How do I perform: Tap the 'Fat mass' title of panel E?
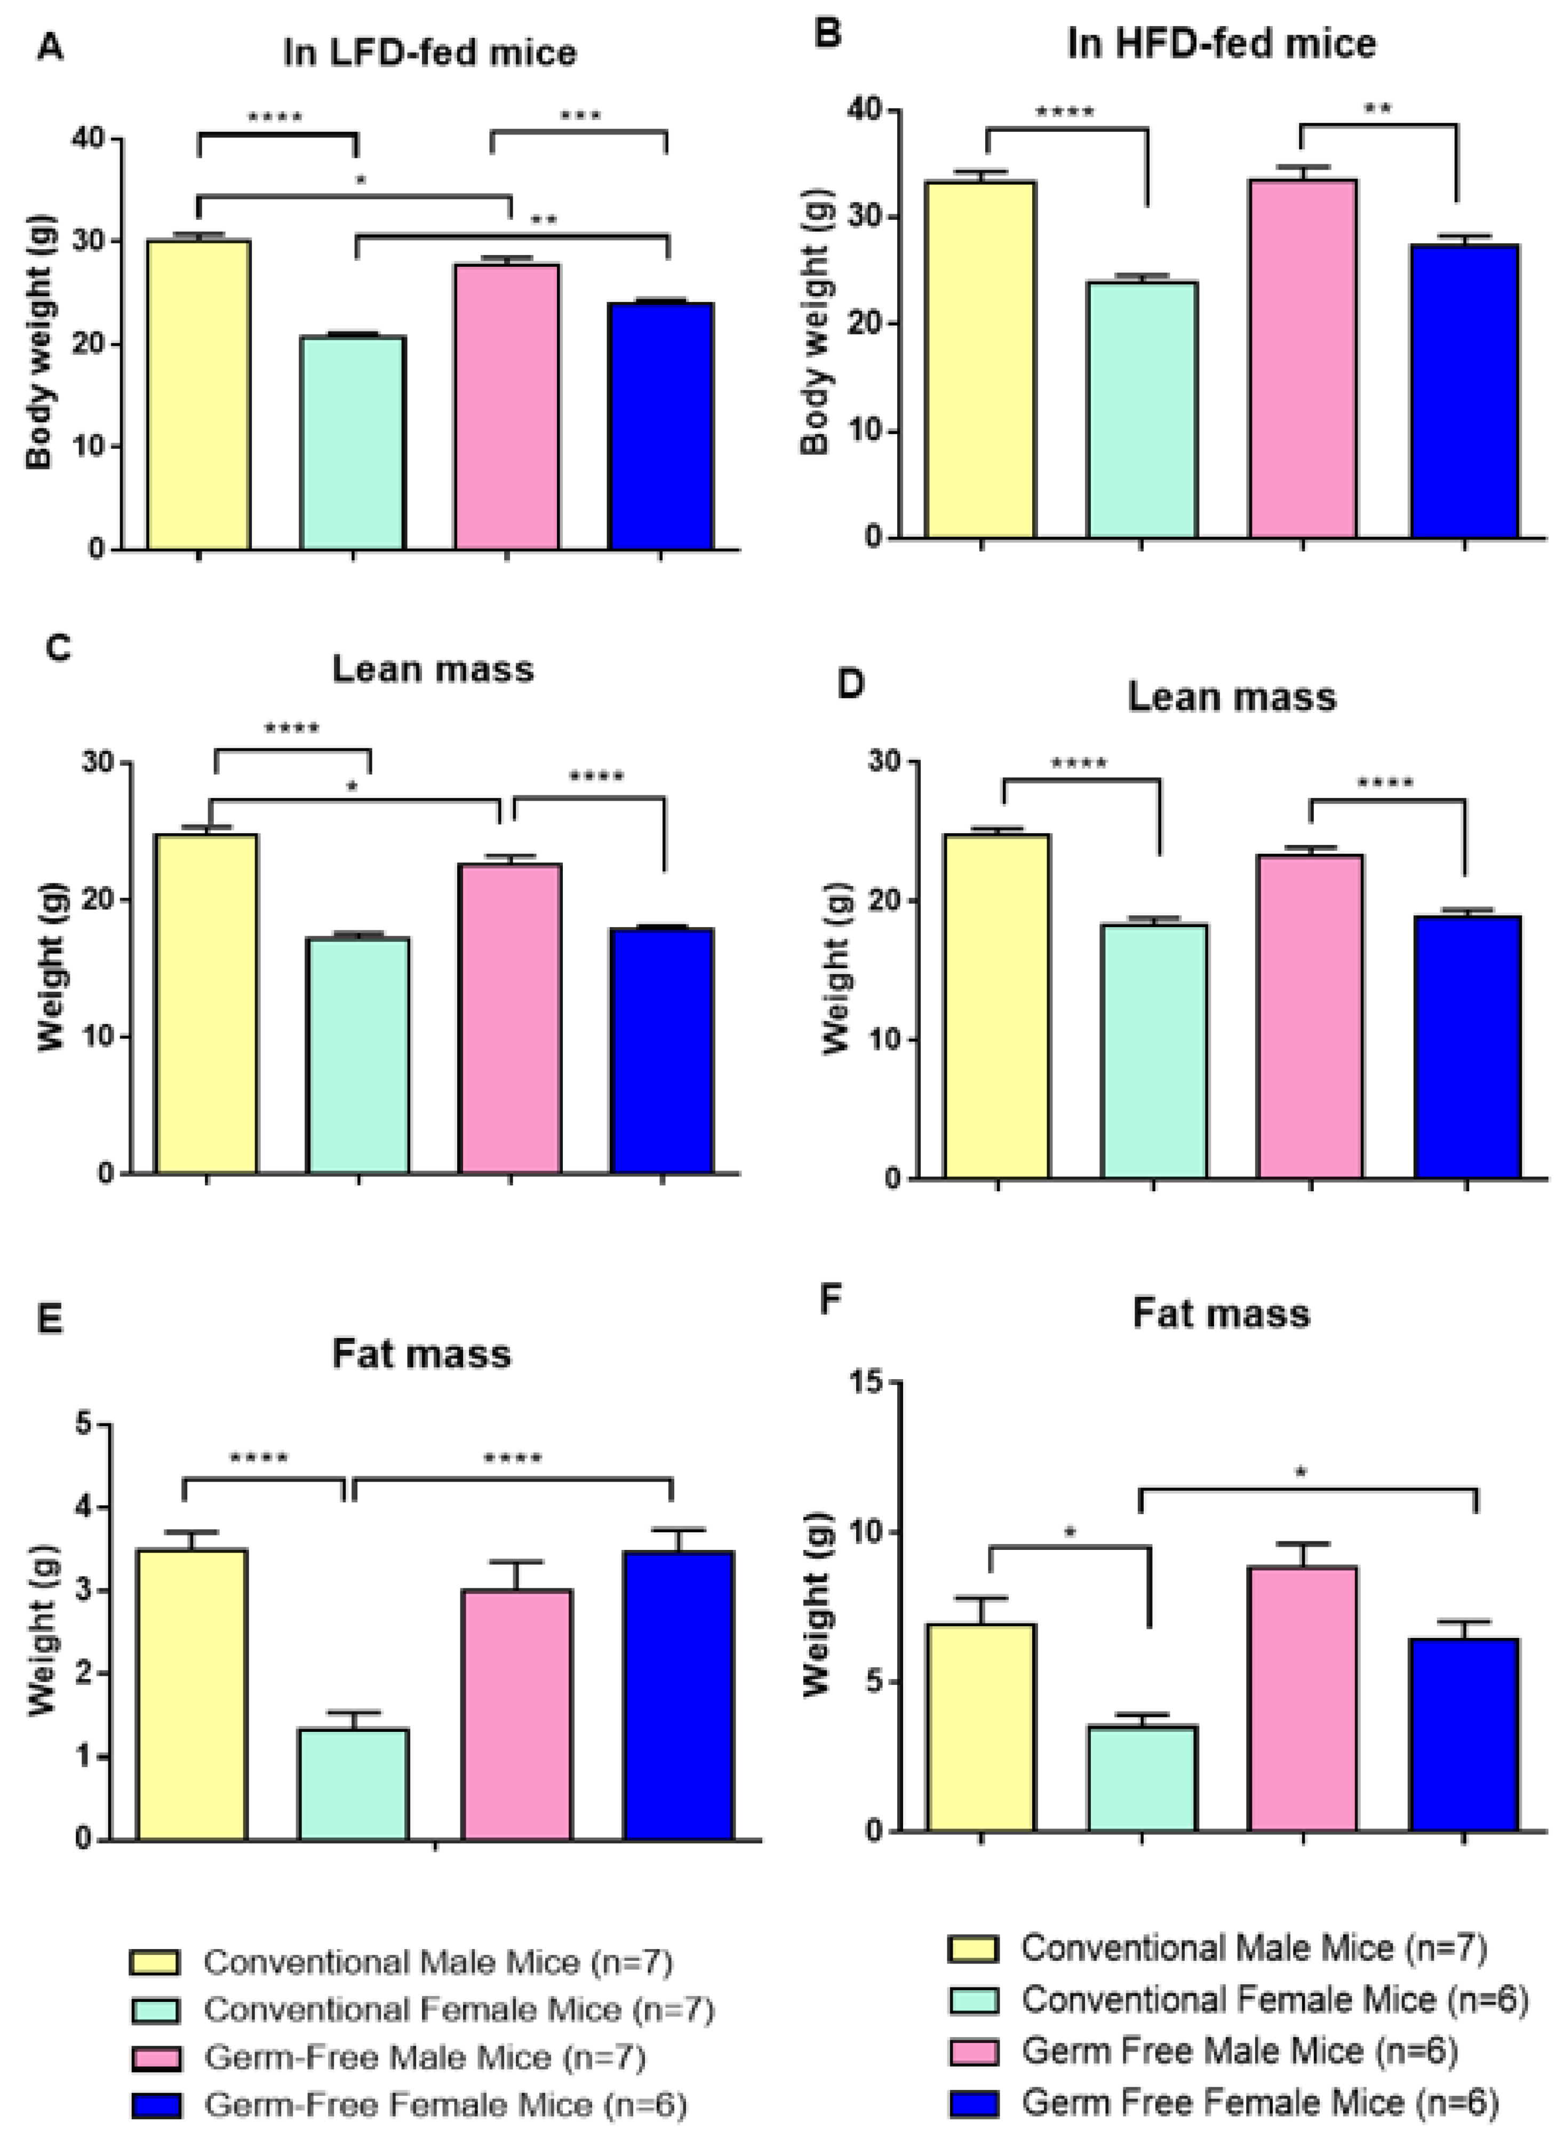point(421,1353)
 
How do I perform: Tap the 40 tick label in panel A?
point(87,139)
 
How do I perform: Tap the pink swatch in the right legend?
point(972,2052)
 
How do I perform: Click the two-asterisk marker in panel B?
point(1377,109)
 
